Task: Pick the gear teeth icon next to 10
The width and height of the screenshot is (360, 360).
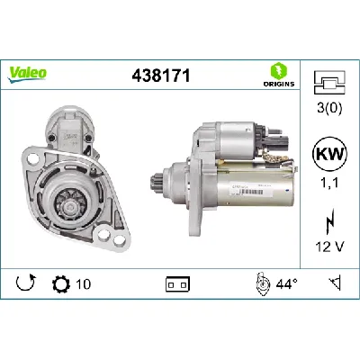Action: [x=60, y=283]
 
